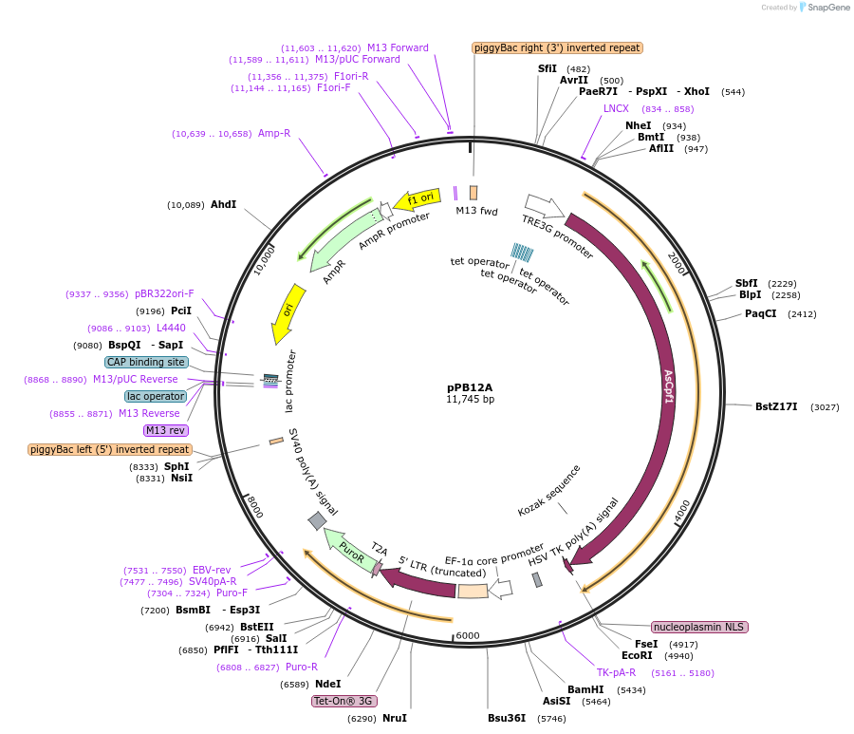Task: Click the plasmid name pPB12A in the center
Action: [470, 386]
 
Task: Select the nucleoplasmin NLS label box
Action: [699, 627]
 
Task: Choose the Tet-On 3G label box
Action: [344, 701]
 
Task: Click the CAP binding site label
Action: [146, 362]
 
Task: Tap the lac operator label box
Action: [155, 396]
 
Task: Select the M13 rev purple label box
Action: [166, 430]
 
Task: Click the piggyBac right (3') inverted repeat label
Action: [558, 47]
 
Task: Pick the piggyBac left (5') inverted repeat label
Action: [110, 449]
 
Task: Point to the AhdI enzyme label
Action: [223, 204]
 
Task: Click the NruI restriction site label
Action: [395, 718]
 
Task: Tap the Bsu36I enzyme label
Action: [507, 718]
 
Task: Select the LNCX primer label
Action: [616, 108]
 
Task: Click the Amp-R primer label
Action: [274, 134]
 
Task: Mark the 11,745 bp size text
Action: [470, 400]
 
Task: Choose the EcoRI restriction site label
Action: [637, 655]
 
